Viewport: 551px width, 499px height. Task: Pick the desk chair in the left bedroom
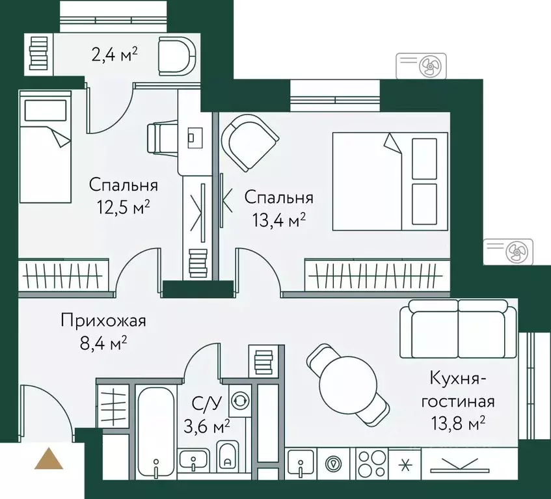point(161,138)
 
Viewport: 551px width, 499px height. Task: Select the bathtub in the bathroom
point(156,429)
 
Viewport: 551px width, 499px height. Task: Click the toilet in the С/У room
point(227,456)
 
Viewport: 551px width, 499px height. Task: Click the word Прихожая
point(103,320)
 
